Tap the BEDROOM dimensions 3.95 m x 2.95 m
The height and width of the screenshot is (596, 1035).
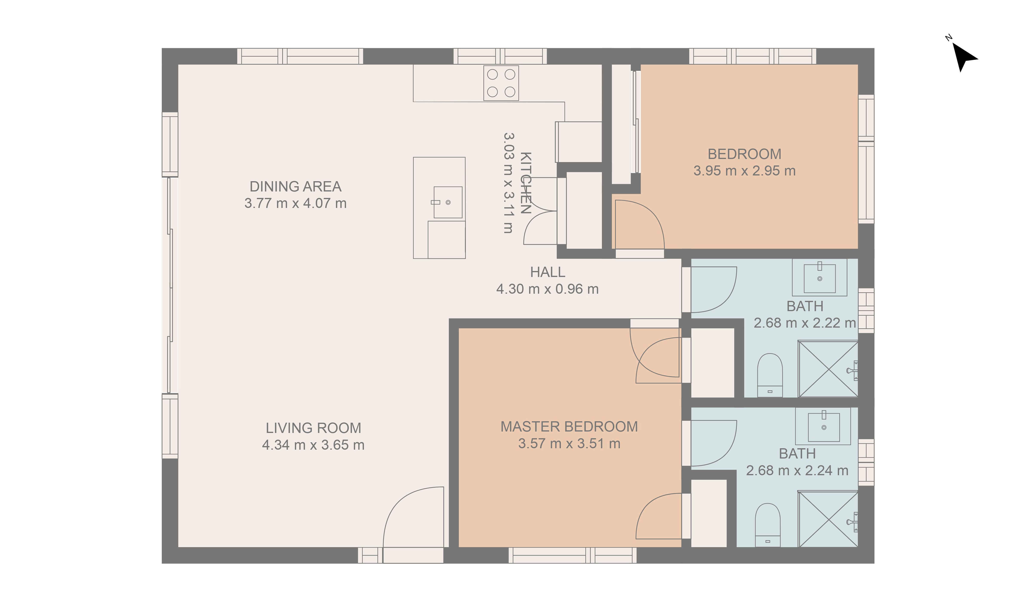744,171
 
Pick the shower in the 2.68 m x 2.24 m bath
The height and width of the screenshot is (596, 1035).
828,519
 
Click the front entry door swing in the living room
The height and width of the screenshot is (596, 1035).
413,518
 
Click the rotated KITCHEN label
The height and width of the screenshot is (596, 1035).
526,183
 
